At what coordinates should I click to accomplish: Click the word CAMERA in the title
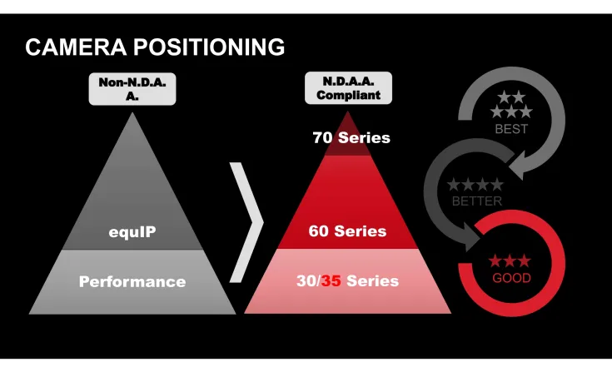coord(70,47)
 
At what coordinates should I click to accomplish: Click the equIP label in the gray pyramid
coord(132,231)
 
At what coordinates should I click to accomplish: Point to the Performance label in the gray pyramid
coord(132,281)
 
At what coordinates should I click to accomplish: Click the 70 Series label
coord(351,137)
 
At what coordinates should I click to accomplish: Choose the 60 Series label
coord(347,231)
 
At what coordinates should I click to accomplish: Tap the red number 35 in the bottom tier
coord(331,281)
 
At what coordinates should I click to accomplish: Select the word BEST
coord(511,129)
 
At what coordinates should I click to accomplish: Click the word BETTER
coord(477,201)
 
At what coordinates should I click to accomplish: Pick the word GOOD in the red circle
coord(511,278)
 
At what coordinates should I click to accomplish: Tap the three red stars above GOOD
coord(510,261)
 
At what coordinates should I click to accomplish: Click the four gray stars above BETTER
coord(475,185)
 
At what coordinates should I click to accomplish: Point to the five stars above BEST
coord(511,105)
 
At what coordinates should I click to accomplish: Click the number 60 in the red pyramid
coord(319,231)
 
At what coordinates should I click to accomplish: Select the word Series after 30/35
coord(372,281)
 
